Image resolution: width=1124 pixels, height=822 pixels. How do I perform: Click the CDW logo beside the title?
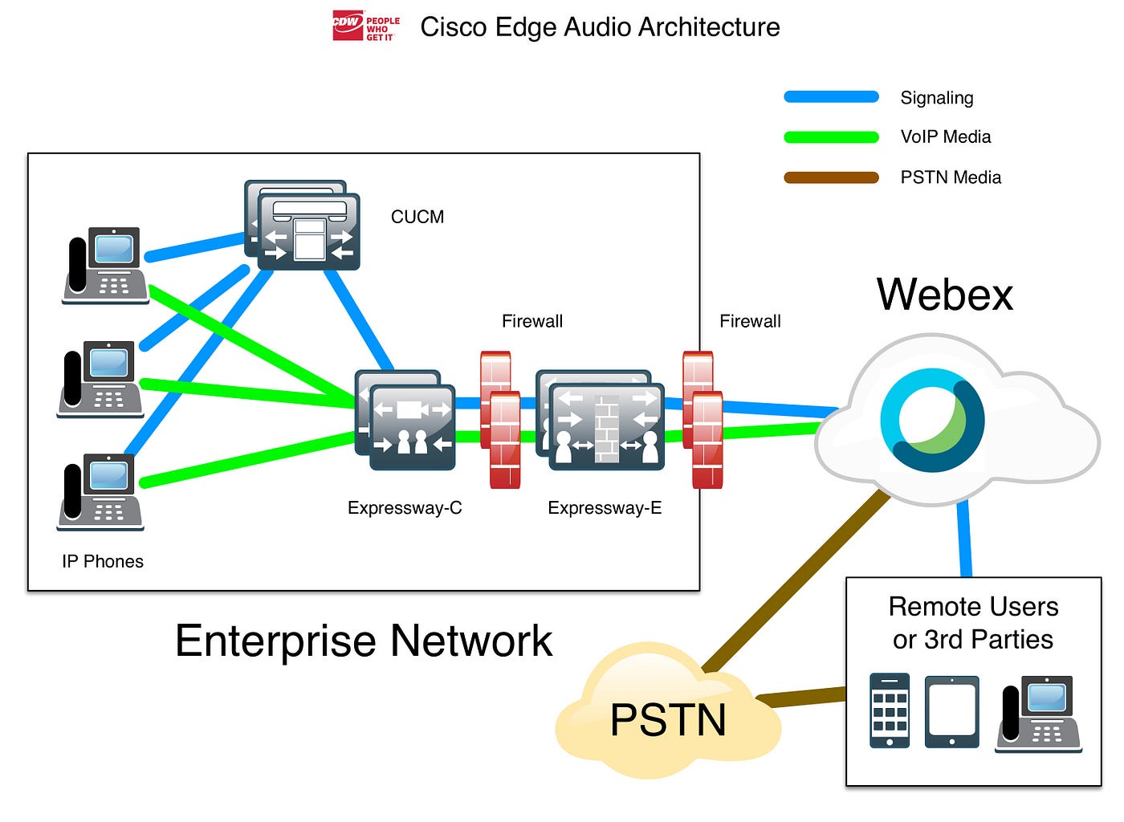(365, 26)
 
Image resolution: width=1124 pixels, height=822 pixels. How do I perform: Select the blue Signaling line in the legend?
(831, 97)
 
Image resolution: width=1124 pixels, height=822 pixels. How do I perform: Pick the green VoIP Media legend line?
(831, 137)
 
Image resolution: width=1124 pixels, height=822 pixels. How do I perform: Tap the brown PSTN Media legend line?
(831, 177)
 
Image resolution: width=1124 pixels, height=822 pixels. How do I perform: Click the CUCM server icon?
(303, 226)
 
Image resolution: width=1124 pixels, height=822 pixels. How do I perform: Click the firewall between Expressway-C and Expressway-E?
(500, 420)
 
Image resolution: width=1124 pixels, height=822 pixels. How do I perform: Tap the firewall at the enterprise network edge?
(702, 420)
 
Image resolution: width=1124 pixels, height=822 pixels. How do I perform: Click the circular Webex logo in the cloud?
(932, 420)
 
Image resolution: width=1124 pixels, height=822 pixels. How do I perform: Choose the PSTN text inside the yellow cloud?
(668, 719)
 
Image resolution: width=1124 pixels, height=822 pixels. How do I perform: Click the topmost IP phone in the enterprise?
(106, 266)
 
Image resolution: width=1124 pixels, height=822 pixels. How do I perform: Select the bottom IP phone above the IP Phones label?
(101, 491)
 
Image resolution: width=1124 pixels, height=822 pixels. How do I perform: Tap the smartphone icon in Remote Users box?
(890, 710)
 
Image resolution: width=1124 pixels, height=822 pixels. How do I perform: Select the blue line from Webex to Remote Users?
(964, 538)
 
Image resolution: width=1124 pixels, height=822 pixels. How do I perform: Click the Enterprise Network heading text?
(364, 641)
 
